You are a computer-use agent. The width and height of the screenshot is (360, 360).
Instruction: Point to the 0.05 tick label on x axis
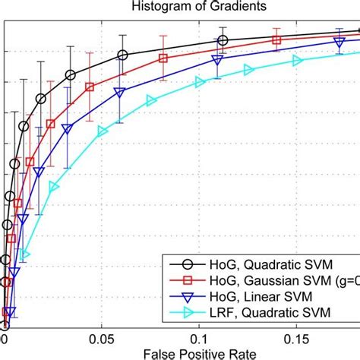tap(103, 335)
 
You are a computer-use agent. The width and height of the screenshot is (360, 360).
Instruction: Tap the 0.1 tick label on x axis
tap(201, 335)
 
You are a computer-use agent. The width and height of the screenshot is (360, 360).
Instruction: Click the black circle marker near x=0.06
tap(122, 55)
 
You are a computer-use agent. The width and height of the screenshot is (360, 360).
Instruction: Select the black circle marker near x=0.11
tap(223, 40)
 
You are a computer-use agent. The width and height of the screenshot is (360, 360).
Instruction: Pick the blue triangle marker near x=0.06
tap(119, 92)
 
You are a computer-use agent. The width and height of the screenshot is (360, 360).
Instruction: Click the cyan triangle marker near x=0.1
tap(200, 83)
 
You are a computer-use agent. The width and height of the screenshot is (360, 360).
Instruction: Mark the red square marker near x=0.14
tap(276, 40)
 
